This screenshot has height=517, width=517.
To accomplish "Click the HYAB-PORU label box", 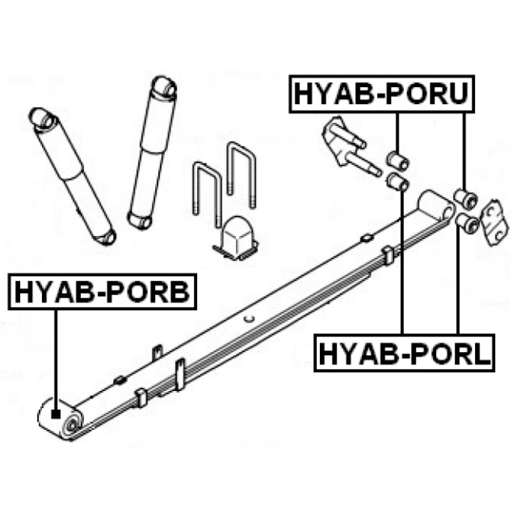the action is [381, 94].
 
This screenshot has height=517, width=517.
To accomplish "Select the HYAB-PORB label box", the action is [102, 291].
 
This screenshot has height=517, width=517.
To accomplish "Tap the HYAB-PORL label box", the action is [405, 353].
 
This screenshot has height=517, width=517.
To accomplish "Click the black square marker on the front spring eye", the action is [56, 414].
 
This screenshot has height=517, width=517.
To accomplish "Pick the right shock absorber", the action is [153, 153].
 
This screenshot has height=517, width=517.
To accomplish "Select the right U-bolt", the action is [242, 174].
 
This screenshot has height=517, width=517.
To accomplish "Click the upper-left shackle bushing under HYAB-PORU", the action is [397, 160].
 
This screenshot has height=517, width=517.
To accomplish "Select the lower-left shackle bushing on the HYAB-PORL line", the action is [397, 182].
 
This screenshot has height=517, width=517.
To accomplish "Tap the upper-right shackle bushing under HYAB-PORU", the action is [465, 198].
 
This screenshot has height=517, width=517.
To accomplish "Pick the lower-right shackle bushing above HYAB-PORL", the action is [467, 223].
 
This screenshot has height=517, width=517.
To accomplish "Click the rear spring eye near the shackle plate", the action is [436, 206].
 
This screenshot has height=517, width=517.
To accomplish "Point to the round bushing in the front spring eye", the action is [72, 425].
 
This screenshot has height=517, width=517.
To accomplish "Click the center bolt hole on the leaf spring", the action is [251, 319].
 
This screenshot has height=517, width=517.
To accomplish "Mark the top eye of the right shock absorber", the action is [164, 87].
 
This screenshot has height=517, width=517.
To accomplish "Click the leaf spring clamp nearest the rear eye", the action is [388, 255].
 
